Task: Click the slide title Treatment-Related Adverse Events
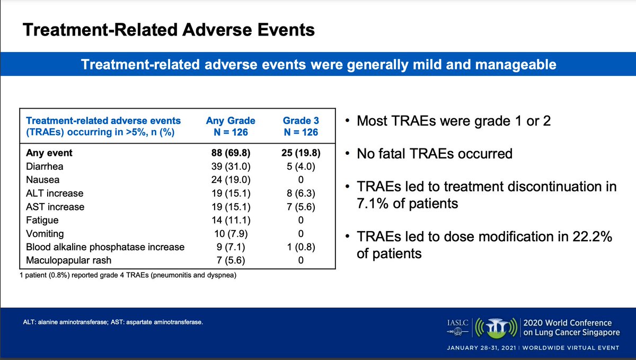pos(168,30)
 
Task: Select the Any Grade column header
pos(231,126)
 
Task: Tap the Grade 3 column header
pos(301,126)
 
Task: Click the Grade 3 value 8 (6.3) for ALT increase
pos(301,194)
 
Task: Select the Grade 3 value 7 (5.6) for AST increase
pos(301,207)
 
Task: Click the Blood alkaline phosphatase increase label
pos(105,247)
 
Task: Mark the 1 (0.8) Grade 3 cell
pos(301,247)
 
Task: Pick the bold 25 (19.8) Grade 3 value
pos(301,153)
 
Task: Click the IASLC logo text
pos(456,322)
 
